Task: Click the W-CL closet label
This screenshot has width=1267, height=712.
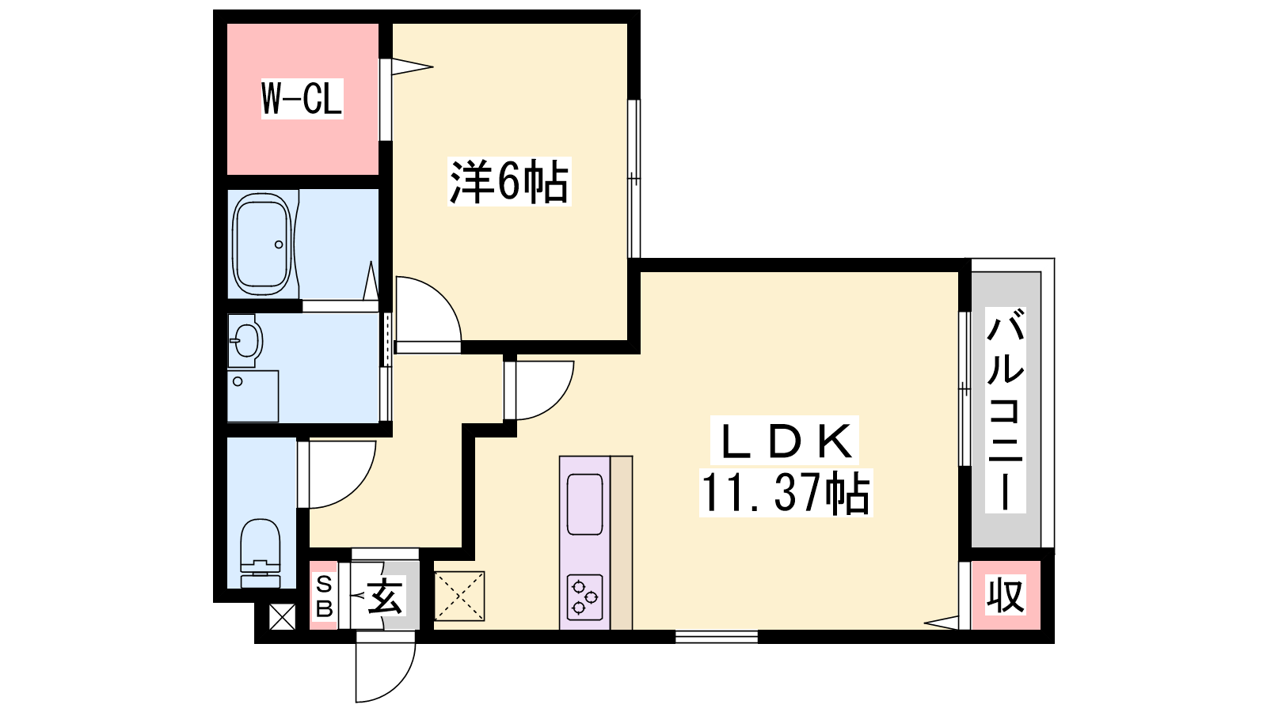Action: click(x=302, y=99)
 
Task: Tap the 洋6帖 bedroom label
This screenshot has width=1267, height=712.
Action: click(x=509, y=181)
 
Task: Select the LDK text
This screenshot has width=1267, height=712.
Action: click(x=786, y=441)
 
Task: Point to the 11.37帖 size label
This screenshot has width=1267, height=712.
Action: click(x=786, y=492)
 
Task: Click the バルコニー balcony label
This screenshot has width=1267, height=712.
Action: click(x=1005, y=410)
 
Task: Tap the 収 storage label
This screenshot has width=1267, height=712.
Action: click(x=1006, y=595)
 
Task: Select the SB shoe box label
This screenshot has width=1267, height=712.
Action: click(x=324, y=596)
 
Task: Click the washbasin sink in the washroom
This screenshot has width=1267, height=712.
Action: click(x=246, y=340)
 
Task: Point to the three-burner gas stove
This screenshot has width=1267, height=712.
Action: click(x=585, y=597)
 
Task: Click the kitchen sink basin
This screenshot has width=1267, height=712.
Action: click(x=585, y=503)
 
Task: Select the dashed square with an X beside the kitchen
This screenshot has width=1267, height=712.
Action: click(x=459, y=596)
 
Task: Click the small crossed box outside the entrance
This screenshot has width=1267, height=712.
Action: click(x=282, y=616)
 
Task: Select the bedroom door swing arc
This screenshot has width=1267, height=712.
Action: click(x=440, y=297)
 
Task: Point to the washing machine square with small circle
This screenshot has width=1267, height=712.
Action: click(x=253, y=396)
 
